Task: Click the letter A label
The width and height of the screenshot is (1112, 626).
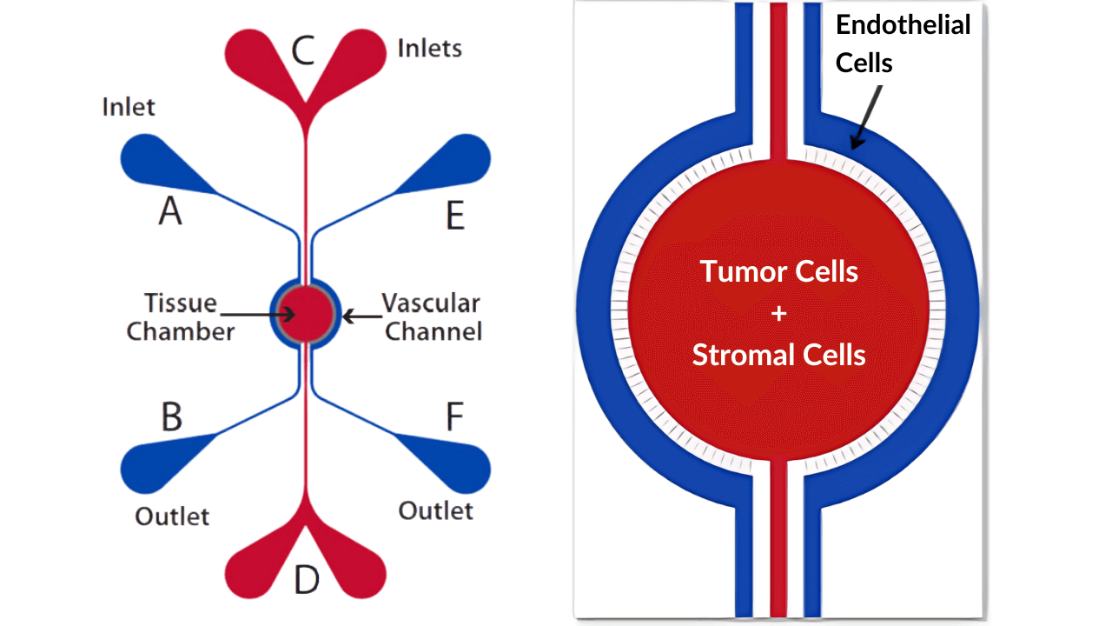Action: pos(170,210)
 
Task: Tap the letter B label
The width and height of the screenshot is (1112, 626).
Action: pos(172,416)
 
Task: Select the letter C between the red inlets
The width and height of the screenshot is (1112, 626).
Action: pos(303,50)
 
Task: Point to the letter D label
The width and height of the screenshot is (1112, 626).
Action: pos(307,579)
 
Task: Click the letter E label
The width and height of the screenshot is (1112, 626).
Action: pos(455,215)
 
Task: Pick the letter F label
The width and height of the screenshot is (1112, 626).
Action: pos(454,416)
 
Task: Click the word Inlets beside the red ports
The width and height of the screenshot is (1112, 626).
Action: pos(429,48)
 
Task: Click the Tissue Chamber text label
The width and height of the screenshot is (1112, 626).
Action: pos(181,317)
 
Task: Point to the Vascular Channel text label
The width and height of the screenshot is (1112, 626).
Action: pos(432,317)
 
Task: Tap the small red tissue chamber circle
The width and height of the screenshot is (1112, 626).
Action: pos(306,314)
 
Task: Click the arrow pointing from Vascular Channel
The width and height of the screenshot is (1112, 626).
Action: pos(362,316)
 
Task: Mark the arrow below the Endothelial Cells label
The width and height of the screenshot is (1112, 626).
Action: pos(866,117)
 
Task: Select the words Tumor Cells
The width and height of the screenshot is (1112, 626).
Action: pos(779,272)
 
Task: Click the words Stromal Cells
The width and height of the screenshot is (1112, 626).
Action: pos(779,355)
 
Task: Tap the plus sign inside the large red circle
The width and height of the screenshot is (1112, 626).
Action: pos(779,314)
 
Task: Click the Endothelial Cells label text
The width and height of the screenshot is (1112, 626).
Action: pos(903,43)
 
